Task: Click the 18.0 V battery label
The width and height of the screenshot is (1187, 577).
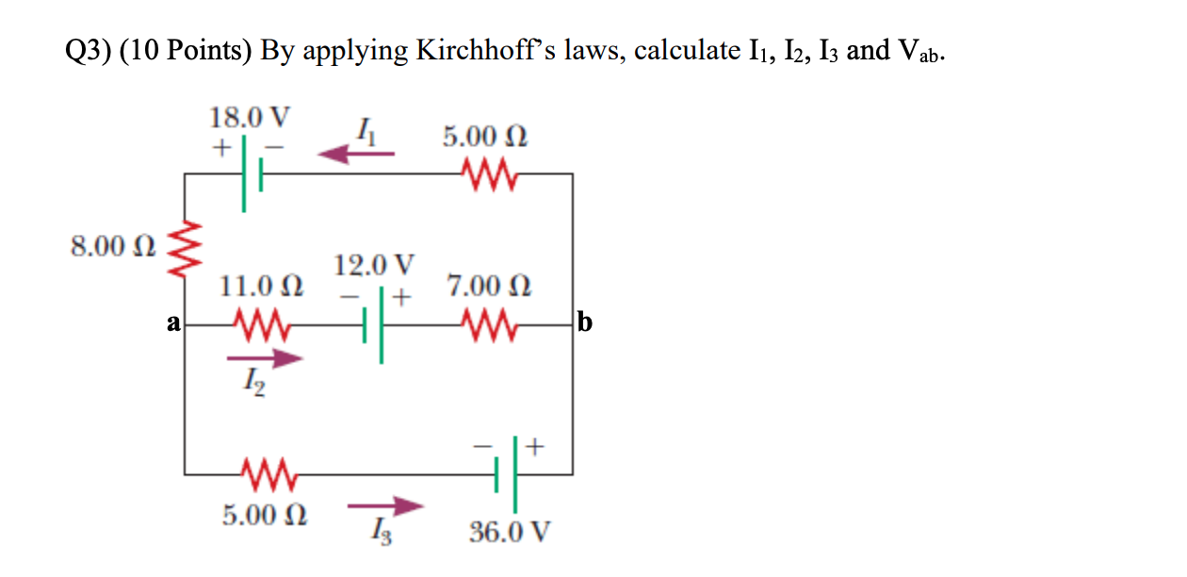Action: click(x=250, y=119)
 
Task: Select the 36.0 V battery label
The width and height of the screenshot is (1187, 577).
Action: click(x=509, y=533)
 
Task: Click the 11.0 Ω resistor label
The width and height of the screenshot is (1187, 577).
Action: click(x=261, y=286)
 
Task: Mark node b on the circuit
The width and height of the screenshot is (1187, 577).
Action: click(x=584, y=324)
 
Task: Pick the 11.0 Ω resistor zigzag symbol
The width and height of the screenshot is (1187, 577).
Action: click(x=265, y=325)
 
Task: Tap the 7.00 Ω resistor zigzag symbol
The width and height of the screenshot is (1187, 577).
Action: click(x=488, y=325)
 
